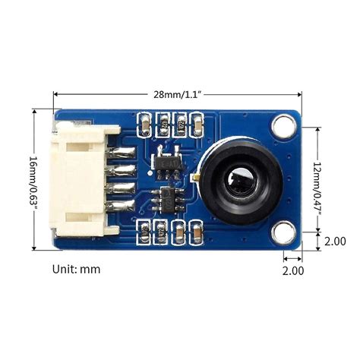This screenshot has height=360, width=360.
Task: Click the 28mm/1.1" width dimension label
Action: (178, 94)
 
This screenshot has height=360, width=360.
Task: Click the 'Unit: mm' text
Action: (76, 268)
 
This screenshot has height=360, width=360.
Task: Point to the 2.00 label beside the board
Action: (335, 242)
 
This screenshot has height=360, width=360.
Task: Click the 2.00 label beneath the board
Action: (293, 270)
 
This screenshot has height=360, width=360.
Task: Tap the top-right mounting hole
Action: (285, 123)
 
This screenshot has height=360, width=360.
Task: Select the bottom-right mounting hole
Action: (285, 232)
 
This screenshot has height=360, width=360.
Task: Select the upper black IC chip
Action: (169, 163)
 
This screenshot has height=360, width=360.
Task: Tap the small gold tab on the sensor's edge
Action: (196, 180)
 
